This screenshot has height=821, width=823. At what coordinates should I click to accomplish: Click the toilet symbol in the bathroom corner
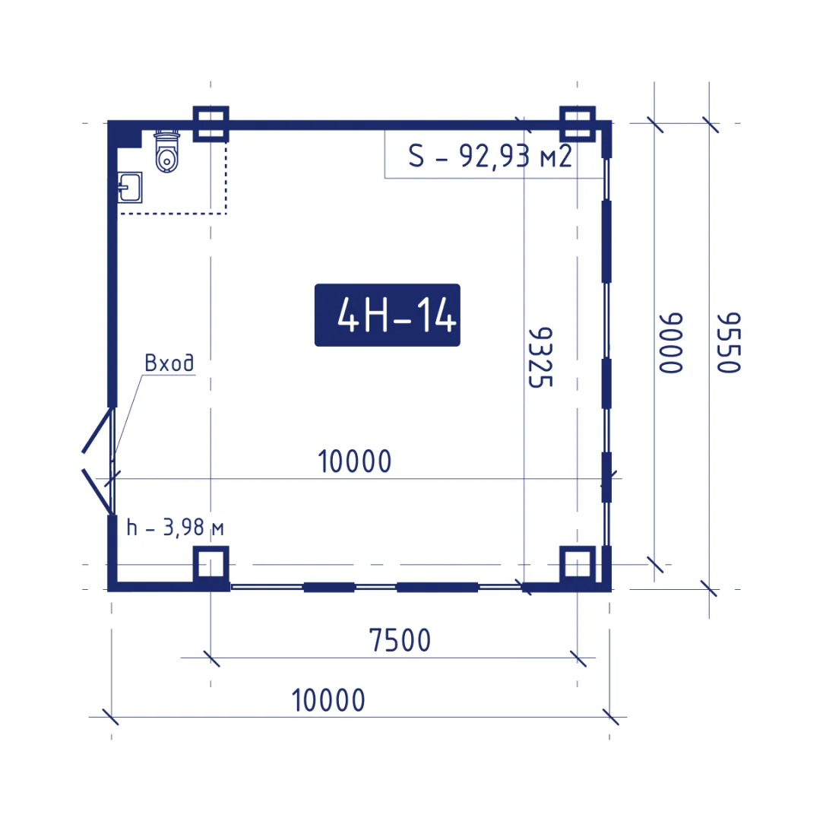pyautogui.click(x=167, y=152)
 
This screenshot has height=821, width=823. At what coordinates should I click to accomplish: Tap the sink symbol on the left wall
pyautogui.click(x=130, y=188)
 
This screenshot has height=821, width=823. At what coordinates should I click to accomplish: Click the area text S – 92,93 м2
pyautogui.click(x=489, y=156)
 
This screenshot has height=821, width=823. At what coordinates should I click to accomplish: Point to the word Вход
pyautogui.click(x=169, y=363)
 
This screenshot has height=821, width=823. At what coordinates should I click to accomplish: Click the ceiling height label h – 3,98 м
pyautogui.click(x=176, y=527)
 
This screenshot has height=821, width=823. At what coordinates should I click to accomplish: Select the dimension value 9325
pyautogui.click(x=540, y=357)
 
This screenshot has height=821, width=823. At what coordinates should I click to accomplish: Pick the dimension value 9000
pyautogui.click(x=671, y=343)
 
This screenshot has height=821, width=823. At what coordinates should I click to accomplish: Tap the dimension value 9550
pyautogui.click(x=729, y=343)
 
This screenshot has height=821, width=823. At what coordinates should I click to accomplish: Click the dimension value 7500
pyautogui.click(x=400, y=640)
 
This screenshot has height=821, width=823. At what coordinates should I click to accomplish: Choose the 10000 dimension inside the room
pyautogui.click(x=355, y=461)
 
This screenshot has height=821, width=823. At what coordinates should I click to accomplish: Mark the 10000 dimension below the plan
pyautogui.click(x=328, y=700)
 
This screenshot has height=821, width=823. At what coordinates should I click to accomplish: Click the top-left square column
pyautogui.click(x=211, y=124)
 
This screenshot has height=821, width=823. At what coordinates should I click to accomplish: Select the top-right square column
pyautogui.click(x=578, y=124)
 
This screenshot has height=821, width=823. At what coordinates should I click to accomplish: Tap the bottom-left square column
pyautogui.click(x=211, y=565)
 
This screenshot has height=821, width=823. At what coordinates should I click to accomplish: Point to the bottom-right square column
pyautogui.click(x=578, y=565)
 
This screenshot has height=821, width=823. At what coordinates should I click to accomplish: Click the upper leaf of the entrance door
pyautogui.click(x=98, y=430)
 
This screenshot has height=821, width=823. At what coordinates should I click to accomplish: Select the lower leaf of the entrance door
pyautogui.click(x=97, y=491)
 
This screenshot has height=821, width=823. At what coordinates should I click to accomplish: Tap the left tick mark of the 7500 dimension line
pyautogui.click(x=211, y=658)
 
